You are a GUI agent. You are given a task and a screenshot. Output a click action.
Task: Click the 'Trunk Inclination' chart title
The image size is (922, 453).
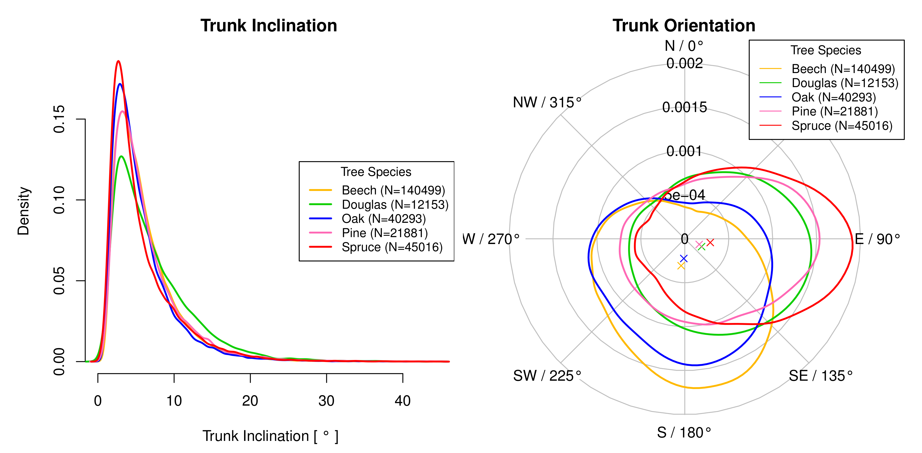[x=269, y=26]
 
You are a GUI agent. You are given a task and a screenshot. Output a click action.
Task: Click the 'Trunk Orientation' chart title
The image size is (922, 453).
[x=684, y=26]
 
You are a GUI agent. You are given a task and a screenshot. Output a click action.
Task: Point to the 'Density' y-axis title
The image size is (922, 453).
[x=24, y=211]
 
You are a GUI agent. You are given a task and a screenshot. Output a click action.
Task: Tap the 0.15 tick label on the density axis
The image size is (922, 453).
[x=59, y=119]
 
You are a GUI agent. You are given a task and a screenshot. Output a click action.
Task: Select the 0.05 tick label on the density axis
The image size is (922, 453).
[x=59, y=281]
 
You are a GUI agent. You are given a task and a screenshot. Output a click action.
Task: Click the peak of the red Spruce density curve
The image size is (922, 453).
[x=118, y=61]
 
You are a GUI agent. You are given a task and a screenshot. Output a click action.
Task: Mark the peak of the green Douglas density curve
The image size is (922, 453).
[x=121, y=156]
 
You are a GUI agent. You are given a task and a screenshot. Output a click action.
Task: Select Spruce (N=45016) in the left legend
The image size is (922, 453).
[x=392, y=247]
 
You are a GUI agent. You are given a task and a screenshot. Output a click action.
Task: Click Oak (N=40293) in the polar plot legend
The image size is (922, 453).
[x=834, y=97]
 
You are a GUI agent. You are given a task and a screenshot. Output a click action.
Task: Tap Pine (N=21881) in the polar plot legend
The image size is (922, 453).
[x=835, y=112]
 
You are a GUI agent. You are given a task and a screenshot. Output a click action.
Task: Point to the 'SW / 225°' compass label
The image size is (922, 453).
[x=547, y=376]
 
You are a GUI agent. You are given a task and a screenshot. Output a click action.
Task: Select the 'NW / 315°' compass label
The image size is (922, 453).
[x=547, y=103]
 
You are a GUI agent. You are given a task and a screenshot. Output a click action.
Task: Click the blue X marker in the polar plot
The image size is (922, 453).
[x=684, y=258]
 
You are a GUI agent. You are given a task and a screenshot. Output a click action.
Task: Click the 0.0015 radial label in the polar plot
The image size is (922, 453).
[x=684, y=107]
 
